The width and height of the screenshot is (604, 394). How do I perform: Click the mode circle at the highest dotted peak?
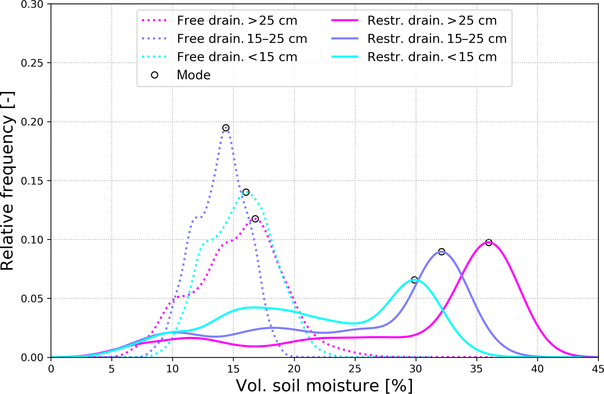226,128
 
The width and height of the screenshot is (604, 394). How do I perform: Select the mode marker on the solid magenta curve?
489,242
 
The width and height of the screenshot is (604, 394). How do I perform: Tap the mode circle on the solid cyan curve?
414,280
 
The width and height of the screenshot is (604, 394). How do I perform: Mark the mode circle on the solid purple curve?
442,252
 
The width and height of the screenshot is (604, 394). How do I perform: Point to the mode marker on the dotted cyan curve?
246,192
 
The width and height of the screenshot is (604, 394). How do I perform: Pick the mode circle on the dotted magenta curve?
255,219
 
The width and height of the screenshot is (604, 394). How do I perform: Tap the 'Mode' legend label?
193,75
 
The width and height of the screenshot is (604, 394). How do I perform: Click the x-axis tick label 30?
416,369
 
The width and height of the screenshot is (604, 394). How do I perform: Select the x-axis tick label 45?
598,369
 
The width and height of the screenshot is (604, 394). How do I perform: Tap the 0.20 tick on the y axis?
32,122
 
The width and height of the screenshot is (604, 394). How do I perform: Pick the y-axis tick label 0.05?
32,299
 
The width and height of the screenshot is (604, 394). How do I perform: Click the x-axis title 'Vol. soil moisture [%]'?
324,386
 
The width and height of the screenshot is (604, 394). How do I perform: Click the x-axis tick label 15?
233,369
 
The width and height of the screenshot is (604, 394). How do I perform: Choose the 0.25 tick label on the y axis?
32,63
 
